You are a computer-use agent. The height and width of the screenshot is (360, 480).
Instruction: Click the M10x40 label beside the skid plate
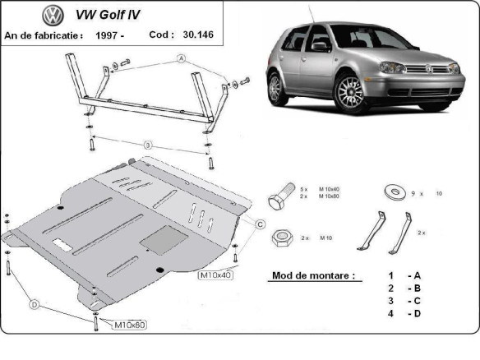coord(215,275)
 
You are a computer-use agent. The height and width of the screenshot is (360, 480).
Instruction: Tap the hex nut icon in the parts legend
coord(279,238)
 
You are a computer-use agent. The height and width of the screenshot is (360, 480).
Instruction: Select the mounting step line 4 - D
coord(404,314)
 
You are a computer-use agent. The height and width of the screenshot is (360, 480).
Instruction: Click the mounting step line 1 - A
coord(404,275)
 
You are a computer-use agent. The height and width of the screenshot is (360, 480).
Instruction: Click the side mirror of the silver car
coord(320,47)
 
